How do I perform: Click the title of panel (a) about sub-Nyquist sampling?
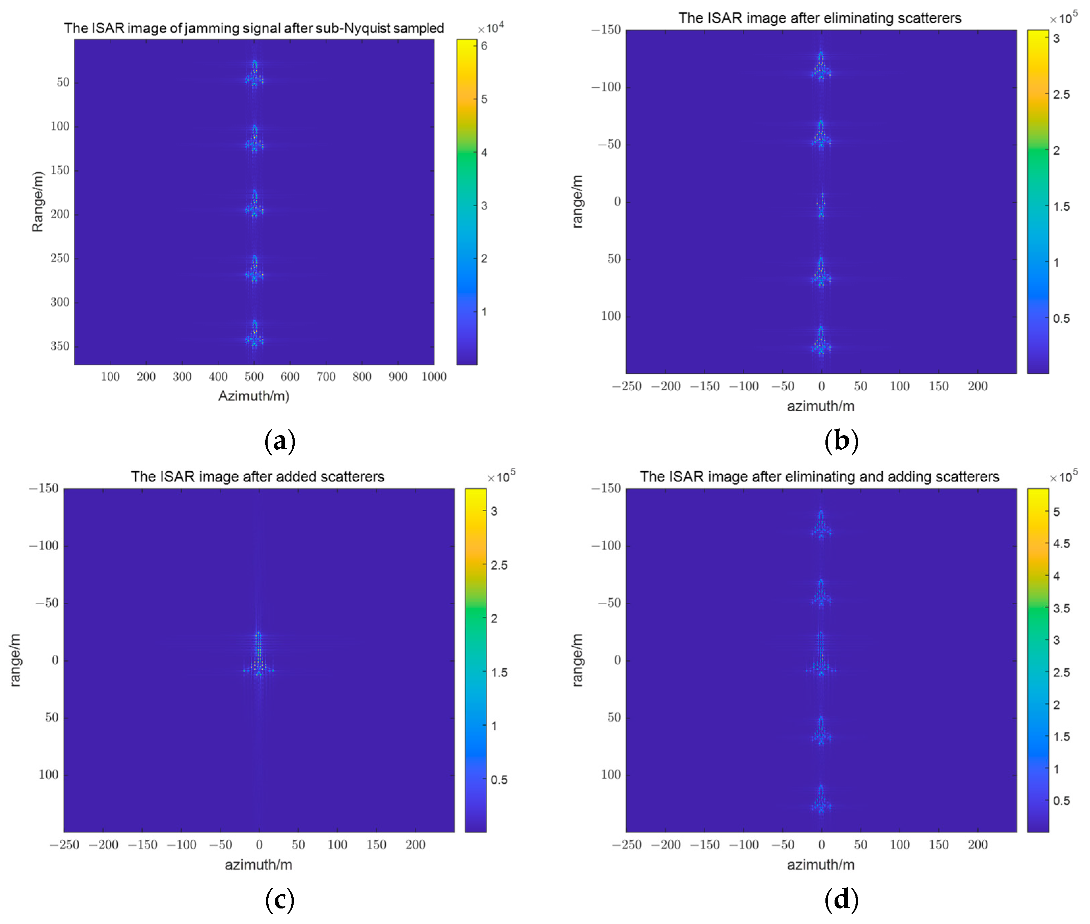[254, 28]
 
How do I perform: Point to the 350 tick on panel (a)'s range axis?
[60, 346]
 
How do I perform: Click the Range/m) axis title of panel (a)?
[37, 202]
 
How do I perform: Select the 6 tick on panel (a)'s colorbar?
[484, 46]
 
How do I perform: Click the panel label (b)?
[841, 441]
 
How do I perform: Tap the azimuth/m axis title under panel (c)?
[258, 865]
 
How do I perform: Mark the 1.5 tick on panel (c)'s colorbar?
[499, 673]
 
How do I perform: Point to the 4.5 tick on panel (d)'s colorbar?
[1061, 544]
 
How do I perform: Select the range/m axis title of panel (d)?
[577, 660]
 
